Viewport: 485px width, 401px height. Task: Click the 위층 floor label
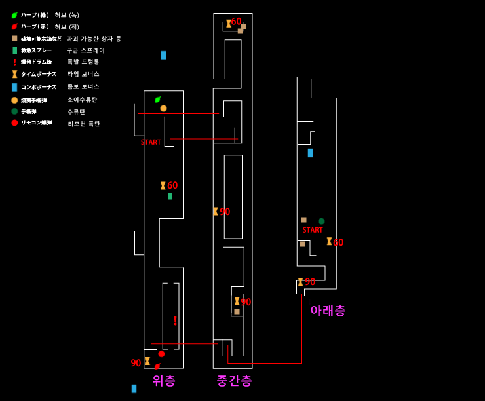[x=164, y=381]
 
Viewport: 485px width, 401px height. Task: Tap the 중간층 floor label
[x=234, y=381]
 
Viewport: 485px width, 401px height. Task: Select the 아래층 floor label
[x=328, y=311]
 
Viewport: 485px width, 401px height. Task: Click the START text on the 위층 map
[x=151, y=142]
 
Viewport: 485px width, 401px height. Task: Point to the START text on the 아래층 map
[x=313, y=230]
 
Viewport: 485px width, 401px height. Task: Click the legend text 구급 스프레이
[x=85, y=50]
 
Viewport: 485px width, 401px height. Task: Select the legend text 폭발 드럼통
[x=83, y=62]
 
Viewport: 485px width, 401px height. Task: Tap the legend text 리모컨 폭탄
[x=84, y=124]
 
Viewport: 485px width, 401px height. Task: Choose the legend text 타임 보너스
[x=83, y=74]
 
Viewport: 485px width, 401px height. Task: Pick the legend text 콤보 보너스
[x=83, y=86]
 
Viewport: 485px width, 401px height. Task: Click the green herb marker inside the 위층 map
[x=157, y=100]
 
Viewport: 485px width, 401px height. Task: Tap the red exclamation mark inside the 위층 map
[x=175, y=320]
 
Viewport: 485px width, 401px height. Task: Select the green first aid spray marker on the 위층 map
[x=170, y=196]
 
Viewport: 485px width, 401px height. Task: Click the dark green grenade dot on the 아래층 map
[x=321, y=221]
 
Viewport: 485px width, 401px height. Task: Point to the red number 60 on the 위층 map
[x=172, y=185]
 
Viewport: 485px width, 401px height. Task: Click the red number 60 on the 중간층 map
[x=236, y=22]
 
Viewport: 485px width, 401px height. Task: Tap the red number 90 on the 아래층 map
[x=310, y=282]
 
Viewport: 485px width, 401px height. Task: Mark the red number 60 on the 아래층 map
[x=338, y=242]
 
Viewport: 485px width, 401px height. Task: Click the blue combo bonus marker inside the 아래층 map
[x=310, y=153]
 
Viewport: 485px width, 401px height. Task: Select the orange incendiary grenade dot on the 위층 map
[x=163, y=108]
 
